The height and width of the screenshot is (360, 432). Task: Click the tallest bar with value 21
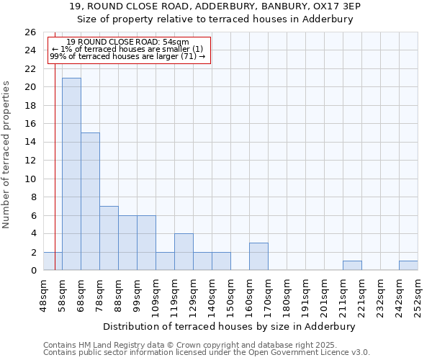coord(71,174)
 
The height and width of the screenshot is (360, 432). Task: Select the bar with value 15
coord(90,202)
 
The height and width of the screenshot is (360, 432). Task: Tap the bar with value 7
coord(109,238)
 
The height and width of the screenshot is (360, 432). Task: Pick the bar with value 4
coord(184,252)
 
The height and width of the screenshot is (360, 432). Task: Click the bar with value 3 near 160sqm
coord(258,256)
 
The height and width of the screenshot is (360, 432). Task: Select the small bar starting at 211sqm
coord(352,266)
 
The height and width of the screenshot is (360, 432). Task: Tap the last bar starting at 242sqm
coord(408,266)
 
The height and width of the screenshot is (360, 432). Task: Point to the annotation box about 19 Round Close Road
coord(128,50)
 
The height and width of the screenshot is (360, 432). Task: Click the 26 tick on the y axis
coord(31,32)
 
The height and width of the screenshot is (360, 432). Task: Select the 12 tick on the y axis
coord(31,161)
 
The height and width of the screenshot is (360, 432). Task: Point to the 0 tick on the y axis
coord(34,271)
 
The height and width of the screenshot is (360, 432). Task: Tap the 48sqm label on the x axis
coord(43,295)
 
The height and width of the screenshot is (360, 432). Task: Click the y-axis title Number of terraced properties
coord(6,154)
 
